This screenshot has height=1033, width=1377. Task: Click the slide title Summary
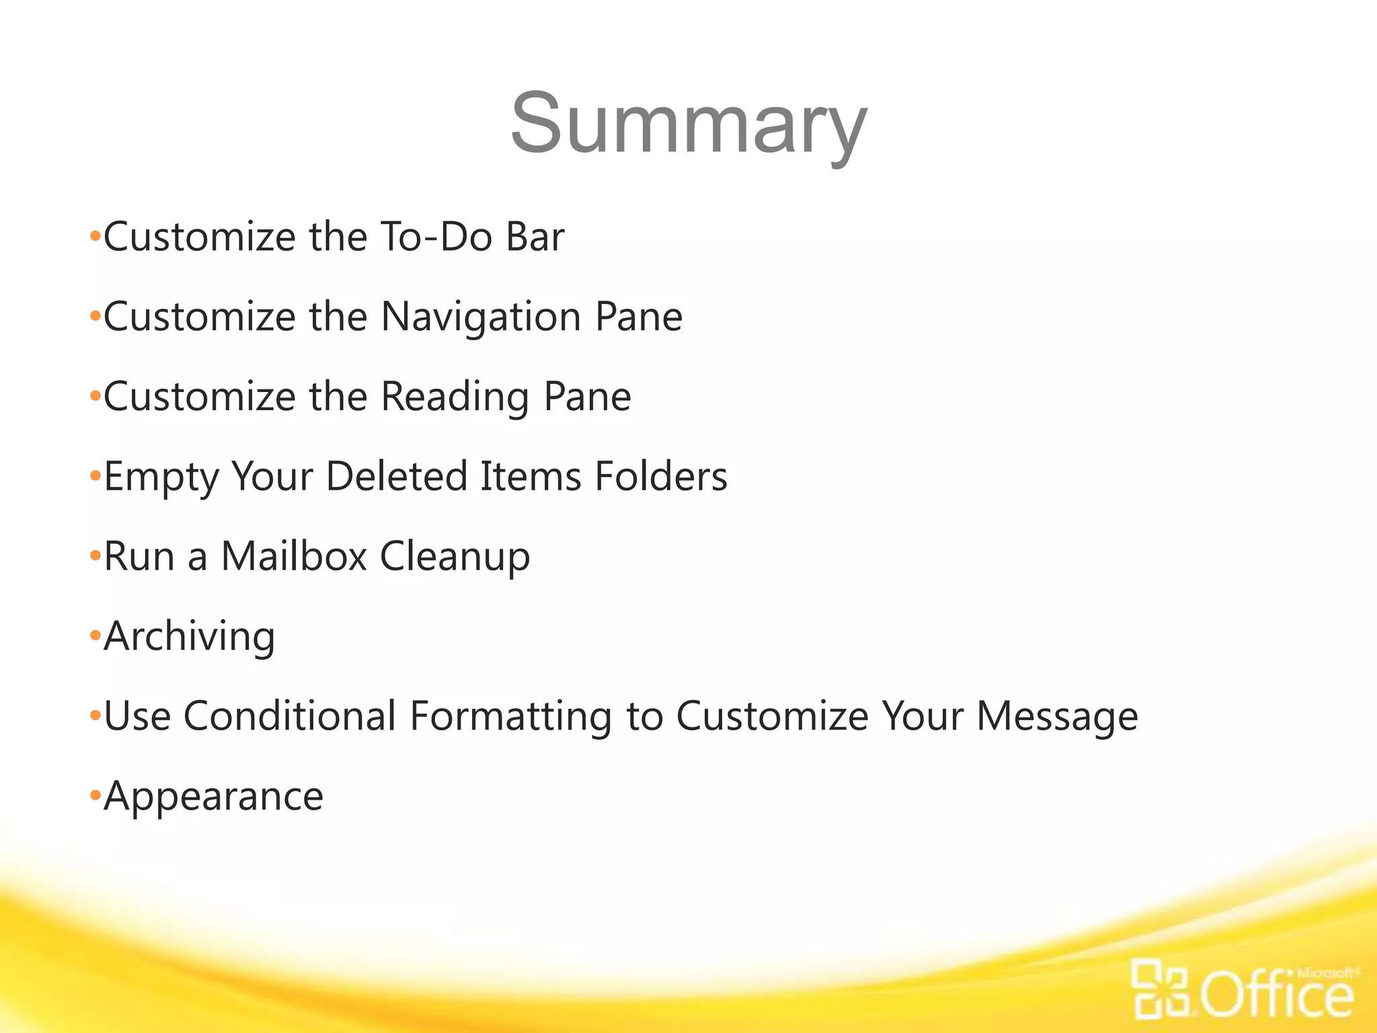688,124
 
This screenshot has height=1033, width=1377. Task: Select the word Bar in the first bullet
535,237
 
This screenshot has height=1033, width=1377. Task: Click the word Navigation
481,317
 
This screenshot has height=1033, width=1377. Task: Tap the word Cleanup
455,558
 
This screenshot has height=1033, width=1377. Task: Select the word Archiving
190,636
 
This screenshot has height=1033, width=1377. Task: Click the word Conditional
290,716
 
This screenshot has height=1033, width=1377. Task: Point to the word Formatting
511,717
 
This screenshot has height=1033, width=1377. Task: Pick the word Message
1057,717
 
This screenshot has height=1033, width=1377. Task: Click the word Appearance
214,797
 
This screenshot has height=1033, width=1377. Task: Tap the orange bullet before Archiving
95,636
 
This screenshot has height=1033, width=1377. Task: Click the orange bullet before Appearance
95,796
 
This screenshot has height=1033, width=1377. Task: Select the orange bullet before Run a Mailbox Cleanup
95,556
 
